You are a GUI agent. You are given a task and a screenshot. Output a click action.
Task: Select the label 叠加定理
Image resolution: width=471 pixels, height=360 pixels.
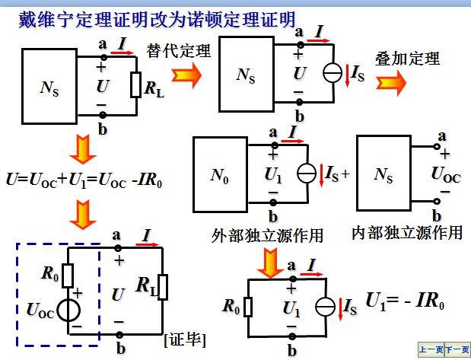pos(407,59)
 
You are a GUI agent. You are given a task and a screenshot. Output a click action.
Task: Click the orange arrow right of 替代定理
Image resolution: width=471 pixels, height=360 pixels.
pos(186,74)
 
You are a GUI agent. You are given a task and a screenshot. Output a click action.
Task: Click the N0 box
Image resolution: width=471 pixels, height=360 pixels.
pos(220,174)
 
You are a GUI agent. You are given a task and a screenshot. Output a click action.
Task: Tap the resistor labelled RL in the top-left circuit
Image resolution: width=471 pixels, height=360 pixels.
pos(135,85)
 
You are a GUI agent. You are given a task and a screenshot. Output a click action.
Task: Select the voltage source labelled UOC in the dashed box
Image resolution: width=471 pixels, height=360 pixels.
pos(68,311)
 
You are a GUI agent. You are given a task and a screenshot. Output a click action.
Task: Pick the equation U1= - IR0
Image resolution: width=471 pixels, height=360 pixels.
pos(405,301)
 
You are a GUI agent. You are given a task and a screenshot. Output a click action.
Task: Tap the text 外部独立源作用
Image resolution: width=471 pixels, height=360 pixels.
pos(267,236)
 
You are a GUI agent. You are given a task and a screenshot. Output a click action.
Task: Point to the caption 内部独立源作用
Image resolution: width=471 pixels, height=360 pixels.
pos(407,232)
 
